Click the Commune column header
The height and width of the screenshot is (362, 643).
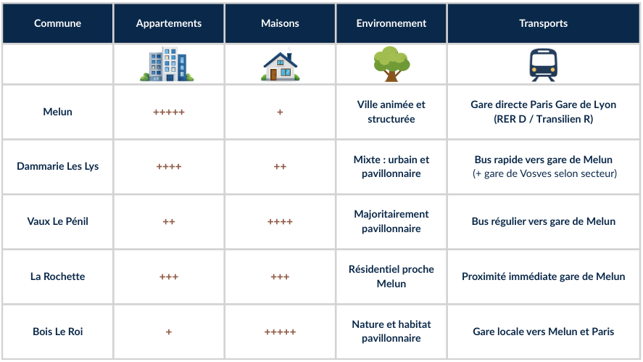pyautogui.click(x=57, y=23)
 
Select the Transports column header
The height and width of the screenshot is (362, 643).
pyautogui.click(x=544, y=23)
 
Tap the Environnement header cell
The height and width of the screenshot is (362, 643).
pyautogui.click(x=391, y=23)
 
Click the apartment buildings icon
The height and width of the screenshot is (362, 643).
pyautogui.click(x=167, y=64)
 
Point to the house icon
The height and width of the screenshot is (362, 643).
pyautogui.click(x=281, y=64)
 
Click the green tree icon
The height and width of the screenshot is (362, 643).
pyautogui.click(x=391, y=64)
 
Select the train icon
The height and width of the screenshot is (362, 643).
pyautogui.click(x=544, y=65)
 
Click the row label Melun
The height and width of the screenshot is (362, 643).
pyautogui.click(x=58, y=112)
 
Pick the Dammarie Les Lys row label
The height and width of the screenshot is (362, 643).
pyautogui.click(x=58, y=166)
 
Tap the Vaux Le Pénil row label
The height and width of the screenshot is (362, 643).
pyautogui.click(x=58, y=221)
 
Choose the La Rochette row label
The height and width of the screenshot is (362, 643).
pyautogui.click(x=58, y=276)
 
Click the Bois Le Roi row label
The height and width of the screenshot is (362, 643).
pyautogui.click(x=58, y=332)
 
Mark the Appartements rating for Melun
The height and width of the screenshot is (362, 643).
pyautogui.click(x=169, y=112)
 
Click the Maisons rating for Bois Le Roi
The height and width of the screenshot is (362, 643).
pyautogui.click(x=280, y=332)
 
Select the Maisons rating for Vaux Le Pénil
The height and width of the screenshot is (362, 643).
pyautogui.click(x=280, y=222)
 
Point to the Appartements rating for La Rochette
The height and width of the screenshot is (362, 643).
pyautogui.click(x=169, y=276)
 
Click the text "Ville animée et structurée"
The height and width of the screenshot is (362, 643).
pyautogui.click(x=391, y=112)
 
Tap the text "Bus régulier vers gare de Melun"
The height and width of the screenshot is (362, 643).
pyautogui.click(x=544, y=221)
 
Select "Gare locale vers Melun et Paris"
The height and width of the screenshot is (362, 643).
pyautogui.click(x=544, y=332)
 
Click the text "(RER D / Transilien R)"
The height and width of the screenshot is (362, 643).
pyautogui.click(x=544, y=119)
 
